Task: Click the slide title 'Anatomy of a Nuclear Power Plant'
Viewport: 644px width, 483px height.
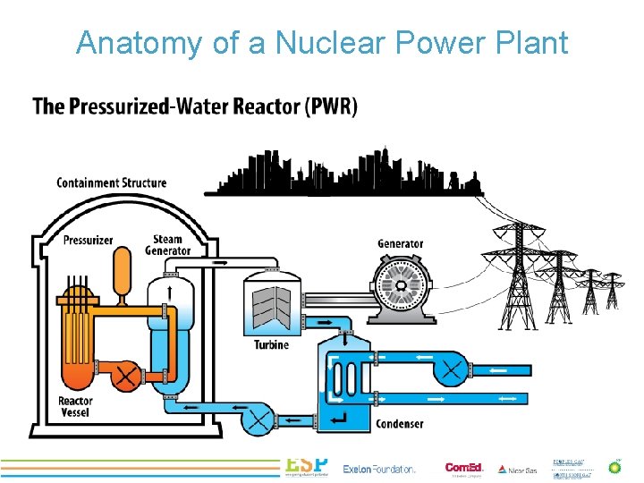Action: [322, 42]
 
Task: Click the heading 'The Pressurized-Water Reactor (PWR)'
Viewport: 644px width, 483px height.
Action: [195, 106]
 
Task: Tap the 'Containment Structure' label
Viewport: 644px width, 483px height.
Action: [112, 182]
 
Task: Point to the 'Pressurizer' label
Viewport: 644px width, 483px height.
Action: [88, 240]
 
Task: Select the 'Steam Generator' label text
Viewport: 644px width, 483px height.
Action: [168, 244]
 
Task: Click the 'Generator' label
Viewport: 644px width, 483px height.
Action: [400, 243]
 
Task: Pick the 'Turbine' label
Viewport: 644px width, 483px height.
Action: [271, 344]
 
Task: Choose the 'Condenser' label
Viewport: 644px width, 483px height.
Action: [399, 423]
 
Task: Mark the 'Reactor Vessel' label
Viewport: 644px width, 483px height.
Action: [75, 407]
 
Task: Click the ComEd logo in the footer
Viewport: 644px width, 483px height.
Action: [463, 468]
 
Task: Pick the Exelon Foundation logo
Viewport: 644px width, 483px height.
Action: [379, 469]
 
